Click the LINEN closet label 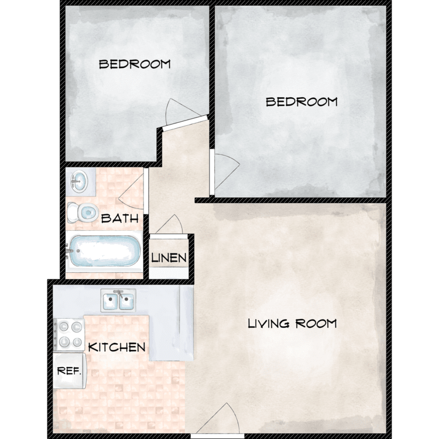pyautogui.click(x=169, y=258)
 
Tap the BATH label pyautogui.click(x=120, y=218)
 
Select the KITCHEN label pyautogui.click(x=116, y=348)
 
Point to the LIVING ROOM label pyautogui.click(x=292, y=324)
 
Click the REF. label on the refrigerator pyautogui.click(x=69, y=371)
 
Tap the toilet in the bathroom pyautogui.click(x=83, y=213)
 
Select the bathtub pyautogui.click(x=104, y=251)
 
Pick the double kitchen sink pyautogui.click(x=118, y=301)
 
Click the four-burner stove pyautogui.click(x=69, y=334)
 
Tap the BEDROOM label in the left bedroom pyautogui.click(x=135, y=64)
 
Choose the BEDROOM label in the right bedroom pyautogui.click(x=301, y=102)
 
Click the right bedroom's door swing pyautogui.click(x=227, y=172)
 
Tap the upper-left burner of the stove pyautogui.click(x=64, y=327)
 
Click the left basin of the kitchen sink pyautogui.click(x=110, y=302)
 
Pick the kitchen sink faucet pyautogui.click(x=119, y=294)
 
